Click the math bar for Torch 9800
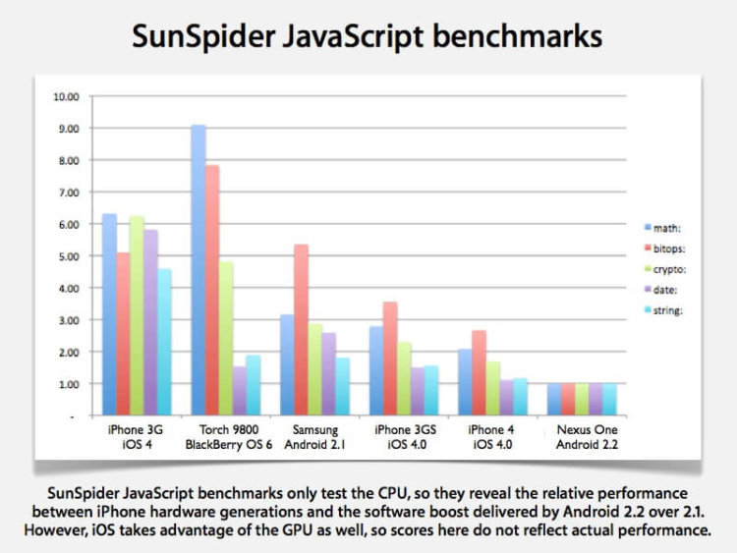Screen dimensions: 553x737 click(x=198, y=270)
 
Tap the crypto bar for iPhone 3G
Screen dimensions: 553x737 click(x=137, y=315)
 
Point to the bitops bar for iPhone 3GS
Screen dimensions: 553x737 click(x=390, y=359)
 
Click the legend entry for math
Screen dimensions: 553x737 click(x=671, y=227)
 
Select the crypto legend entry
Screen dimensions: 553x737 click(x=674, y=268)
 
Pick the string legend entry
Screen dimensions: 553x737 click(x=672, y=309)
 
